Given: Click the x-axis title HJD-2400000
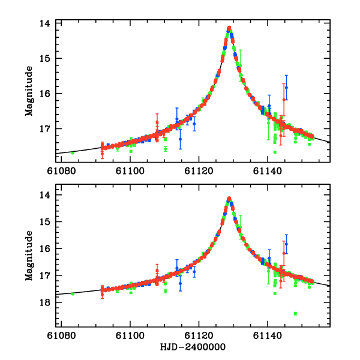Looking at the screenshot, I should pos(193,347).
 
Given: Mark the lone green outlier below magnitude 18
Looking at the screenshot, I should pos(295,313).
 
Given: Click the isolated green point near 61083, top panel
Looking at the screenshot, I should pos(73,153).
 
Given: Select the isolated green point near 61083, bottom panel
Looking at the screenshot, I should pos(73,293).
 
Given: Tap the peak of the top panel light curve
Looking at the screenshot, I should pos(229,28).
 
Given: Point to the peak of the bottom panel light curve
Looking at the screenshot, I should pos(229,199).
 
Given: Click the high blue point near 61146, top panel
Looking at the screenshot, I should pos(286,88).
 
